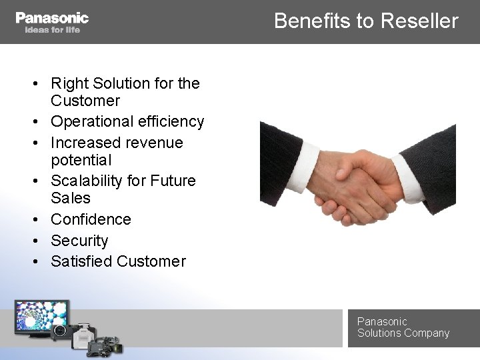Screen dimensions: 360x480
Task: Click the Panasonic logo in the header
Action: pyautogui.click(x=52, y=17)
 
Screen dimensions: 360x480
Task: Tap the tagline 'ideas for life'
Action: pyautogui.click(x=52, y=30)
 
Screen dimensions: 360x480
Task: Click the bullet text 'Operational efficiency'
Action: pyautogui.click(x=127, y=121)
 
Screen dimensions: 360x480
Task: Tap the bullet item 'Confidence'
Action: pyautogui.click(x=91, y=219)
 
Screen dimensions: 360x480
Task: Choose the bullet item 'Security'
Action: pyautogui.click(x=79, y=240)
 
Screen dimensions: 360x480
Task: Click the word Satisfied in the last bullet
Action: pyautogui.click(x=81, y=261)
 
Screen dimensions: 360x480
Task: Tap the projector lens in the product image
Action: pyautogui.click(x=59, y=330)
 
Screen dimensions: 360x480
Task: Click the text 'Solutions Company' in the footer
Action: pyautogui.click(x=403, y=333)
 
